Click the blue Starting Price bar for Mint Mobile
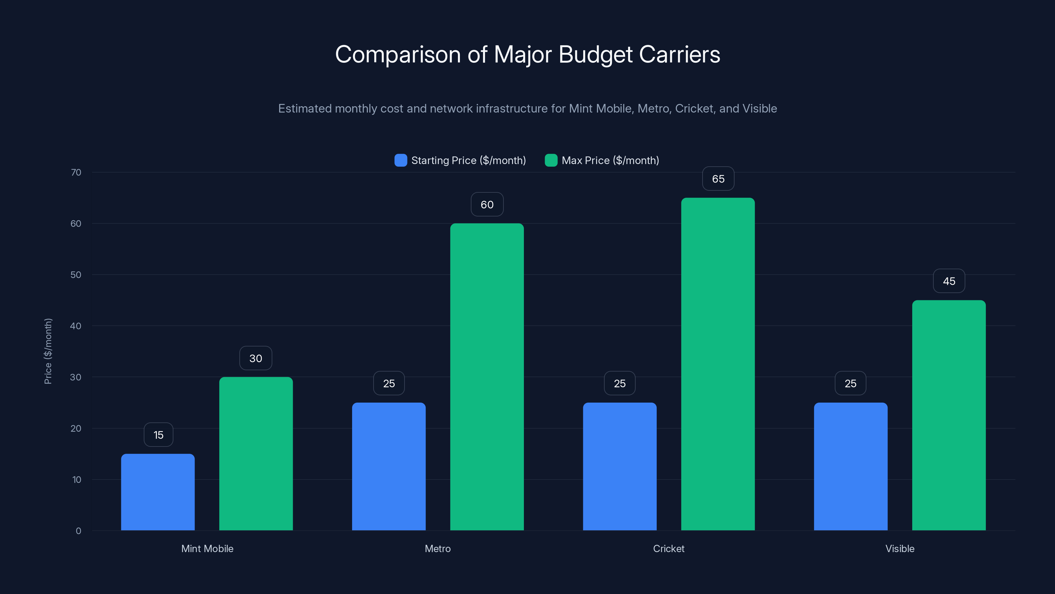pos(158,492)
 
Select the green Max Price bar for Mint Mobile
pos(256,453)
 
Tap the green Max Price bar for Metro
pos(487,377)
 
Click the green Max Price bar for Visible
pos(949,415)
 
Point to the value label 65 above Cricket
pos(718,179)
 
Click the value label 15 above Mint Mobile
pos(159,435)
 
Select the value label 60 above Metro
pos(487,205)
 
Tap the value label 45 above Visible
pos(949,281)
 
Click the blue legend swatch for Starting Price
pos(401,160)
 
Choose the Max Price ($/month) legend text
pos(610,160)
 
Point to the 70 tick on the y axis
pos(76,172)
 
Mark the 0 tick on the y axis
pos(78,531)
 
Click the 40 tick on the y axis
pos(76,326)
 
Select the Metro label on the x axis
pos(437,548)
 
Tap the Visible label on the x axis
pos(900,548)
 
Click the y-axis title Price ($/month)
pos(48,351)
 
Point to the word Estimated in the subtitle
pos(305,109)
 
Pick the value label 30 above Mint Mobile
pos(256,358)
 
